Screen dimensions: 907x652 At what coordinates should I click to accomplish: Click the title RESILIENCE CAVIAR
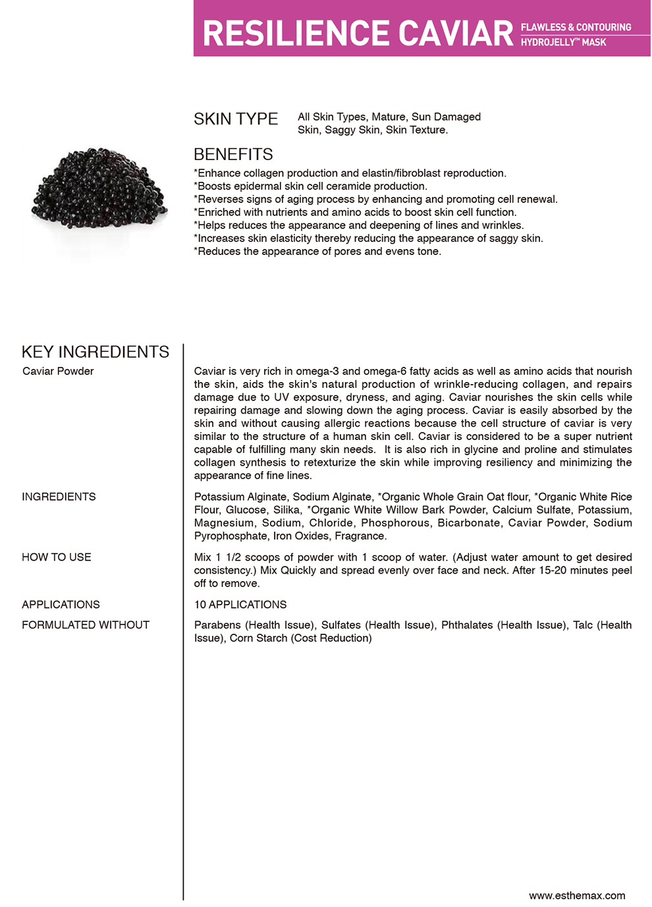[x=358, y=34]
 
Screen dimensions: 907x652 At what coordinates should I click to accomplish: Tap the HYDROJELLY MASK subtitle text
[x=563, y=42]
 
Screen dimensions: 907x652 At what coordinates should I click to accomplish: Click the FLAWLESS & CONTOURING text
[x=576, y=27]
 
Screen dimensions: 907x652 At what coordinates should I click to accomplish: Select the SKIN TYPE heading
[x=236, y=119]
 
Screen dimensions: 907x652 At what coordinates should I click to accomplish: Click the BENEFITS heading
[x=233, y=155]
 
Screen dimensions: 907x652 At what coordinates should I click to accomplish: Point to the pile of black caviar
[x=99, y=188]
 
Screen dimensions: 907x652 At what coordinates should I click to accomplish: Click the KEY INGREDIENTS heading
[x=95, y=352]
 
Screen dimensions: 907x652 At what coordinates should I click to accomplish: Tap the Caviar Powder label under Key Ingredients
[x=58, y=371]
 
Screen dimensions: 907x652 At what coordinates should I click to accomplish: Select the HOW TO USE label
[x=57, y=557]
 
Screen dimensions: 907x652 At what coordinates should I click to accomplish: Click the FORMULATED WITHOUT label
[x=86, y=625]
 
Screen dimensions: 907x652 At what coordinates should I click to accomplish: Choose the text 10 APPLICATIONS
[x=240, y=605]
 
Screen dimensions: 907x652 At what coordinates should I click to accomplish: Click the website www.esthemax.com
[x=577, y=896]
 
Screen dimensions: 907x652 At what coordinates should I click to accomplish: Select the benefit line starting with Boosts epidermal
[x=310, y=186]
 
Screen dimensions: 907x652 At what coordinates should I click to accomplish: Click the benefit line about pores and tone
[x=317, y=252]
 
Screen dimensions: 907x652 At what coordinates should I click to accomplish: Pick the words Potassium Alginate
[x=240, y=497]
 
